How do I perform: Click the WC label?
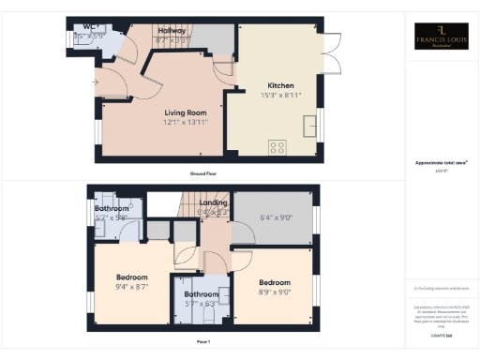click(x=91, y=27)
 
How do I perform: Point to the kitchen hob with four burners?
click(x=277, y=146)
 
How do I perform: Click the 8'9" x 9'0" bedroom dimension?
click(x=275, y=292)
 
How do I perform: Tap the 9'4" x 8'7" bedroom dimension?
click(x=131, y=288)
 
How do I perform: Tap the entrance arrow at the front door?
click(x=95, y=82)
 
